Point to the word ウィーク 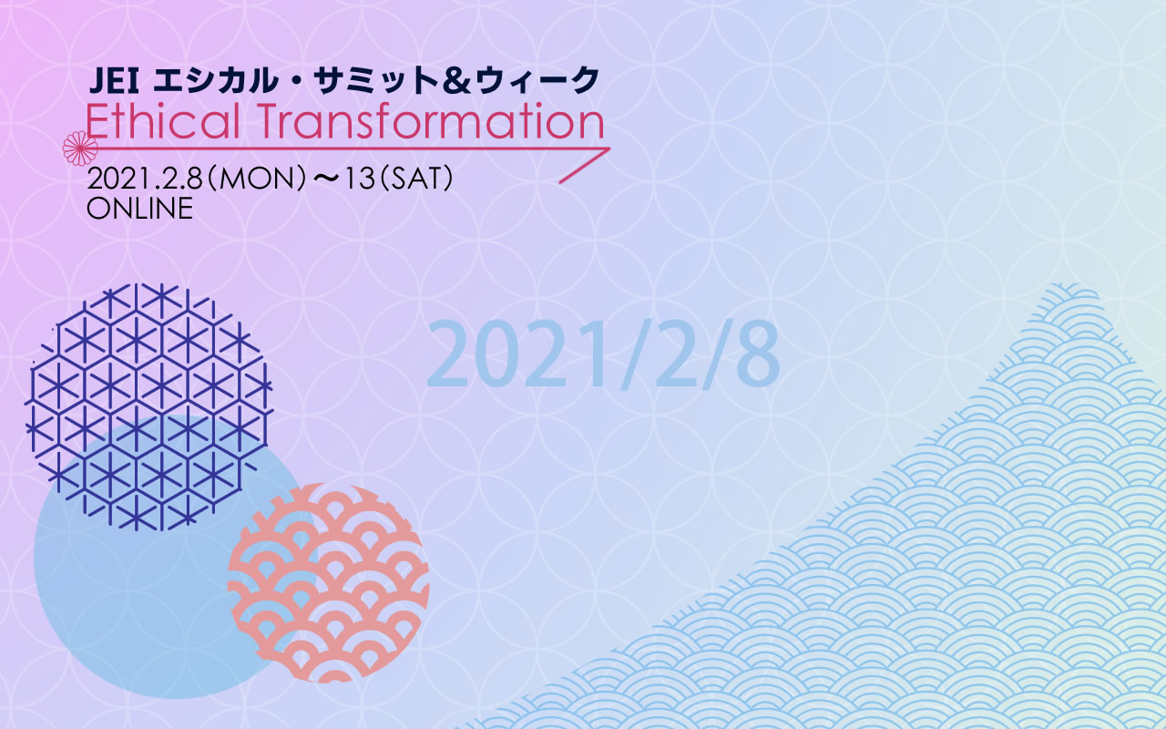tap(537, 81)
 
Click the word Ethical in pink tap(162, 121)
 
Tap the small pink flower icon tap(79, 149)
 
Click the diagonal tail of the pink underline tap(584, 166)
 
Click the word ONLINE tap(139, 209)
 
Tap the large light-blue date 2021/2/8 tap(603, 354)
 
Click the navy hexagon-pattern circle tap(148, 407)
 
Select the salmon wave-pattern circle tap(328, 582)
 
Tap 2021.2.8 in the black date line tap(145, 179)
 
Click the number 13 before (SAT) tap(360, 179)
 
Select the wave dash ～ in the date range tap(326, 179)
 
